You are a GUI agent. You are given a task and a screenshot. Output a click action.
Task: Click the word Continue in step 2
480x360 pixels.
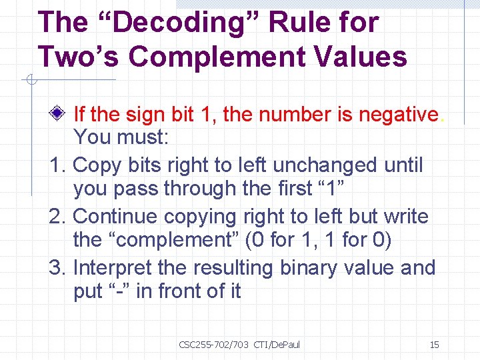117,216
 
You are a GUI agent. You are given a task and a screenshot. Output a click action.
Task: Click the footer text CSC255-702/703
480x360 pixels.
213,345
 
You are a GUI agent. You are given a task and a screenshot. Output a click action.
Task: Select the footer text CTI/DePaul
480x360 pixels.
277,345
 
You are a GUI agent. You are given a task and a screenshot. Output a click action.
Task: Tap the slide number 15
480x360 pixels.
434,345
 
